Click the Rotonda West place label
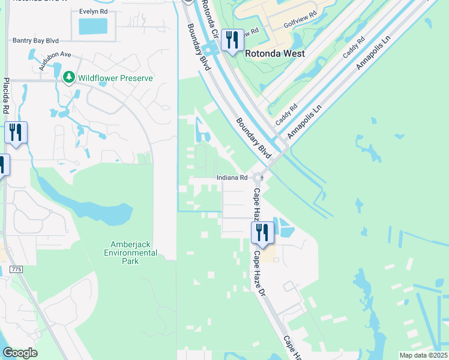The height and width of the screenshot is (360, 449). point(275,53)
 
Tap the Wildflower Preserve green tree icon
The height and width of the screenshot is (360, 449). point(69,77)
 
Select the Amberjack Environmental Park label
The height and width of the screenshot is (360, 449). point(134,253)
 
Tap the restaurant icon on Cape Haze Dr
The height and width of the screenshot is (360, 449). point(262,232)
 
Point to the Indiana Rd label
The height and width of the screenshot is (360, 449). point(232,178)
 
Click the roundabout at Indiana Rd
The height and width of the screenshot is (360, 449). point(259,178)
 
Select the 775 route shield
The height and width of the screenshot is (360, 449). point(16,270)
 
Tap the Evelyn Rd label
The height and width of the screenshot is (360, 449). point(93,11)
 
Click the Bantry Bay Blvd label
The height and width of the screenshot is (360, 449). point(35,40)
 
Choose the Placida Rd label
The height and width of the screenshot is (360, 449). point(6,96)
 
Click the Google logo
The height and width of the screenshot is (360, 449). point(20,353)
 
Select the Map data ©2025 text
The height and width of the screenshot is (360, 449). point(423,355)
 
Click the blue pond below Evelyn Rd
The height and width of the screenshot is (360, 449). point(93,26)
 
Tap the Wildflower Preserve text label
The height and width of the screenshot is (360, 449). point(114,78)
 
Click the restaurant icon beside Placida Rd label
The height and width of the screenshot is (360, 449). point(16,133)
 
